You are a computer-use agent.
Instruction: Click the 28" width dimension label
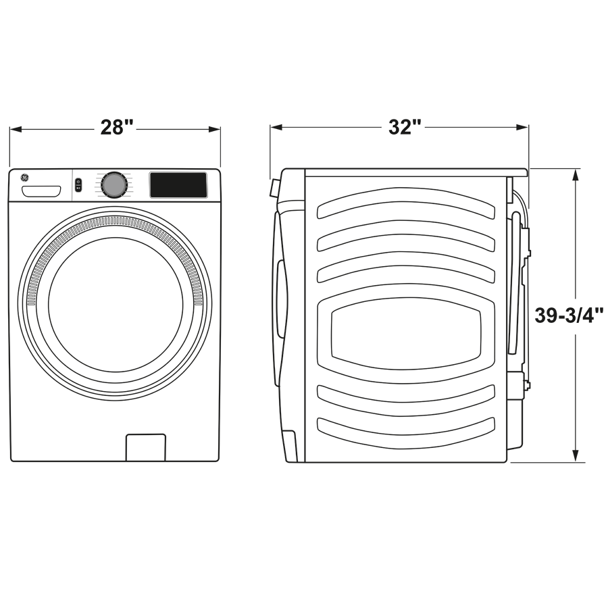(116, 127)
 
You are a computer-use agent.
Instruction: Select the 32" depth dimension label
(405, 127)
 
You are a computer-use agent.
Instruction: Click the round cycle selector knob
(114, 184)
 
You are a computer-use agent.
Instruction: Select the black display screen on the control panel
(178, 185)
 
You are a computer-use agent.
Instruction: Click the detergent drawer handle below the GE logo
(41, 192)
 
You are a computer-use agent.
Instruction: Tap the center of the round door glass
(116, 304)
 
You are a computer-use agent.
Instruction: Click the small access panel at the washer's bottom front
(145, 447)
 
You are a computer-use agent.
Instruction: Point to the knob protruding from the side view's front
(274, 187)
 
